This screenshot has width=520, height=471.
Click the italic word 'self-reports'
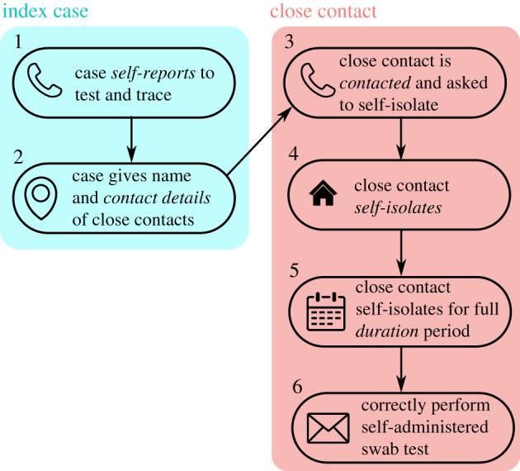tap(155, 73)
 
